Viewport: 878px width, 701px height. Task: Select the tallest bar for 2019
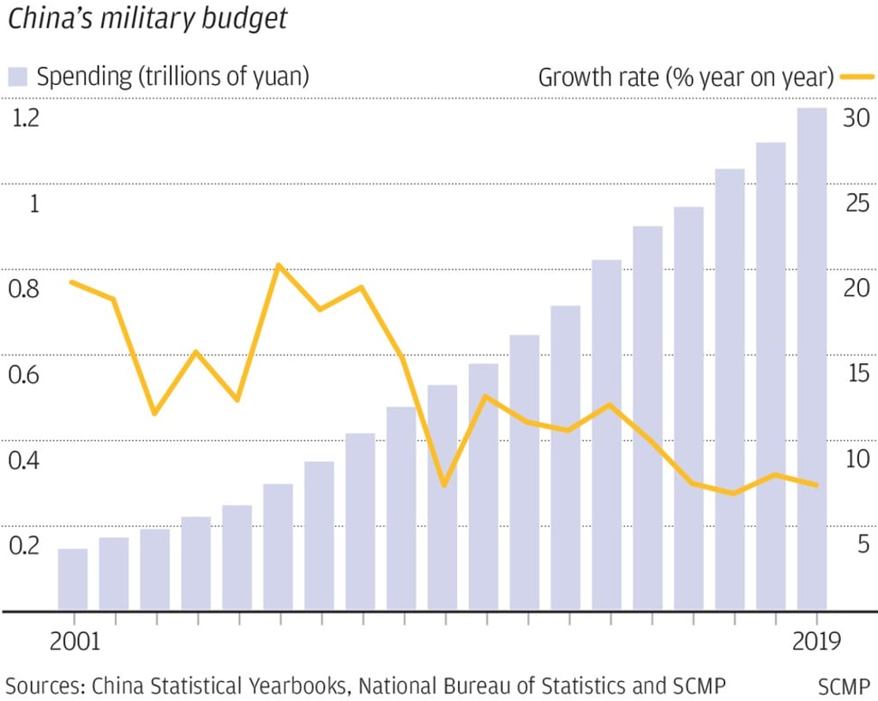811,360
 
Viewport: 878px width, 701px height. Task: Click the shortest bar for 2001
73,579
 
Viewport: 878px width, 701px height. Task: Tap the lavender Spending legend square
18,77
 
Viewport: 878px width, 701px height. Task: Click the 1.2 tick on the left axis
24,119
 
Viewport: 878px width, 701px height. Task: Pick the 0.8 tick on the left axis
24,289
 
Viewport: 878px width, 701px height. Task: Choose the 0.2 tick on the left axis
24,546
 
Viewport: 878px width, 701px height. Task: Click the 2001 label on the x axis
75,642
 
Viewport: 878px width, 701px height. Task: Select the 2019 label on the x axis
815,642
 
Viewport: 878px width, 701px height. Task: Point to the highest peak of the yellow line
278,265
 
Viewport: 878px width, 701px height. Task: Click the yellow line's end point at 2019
816,485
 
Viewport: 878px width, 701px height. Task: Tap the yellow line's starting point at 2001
72,282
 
